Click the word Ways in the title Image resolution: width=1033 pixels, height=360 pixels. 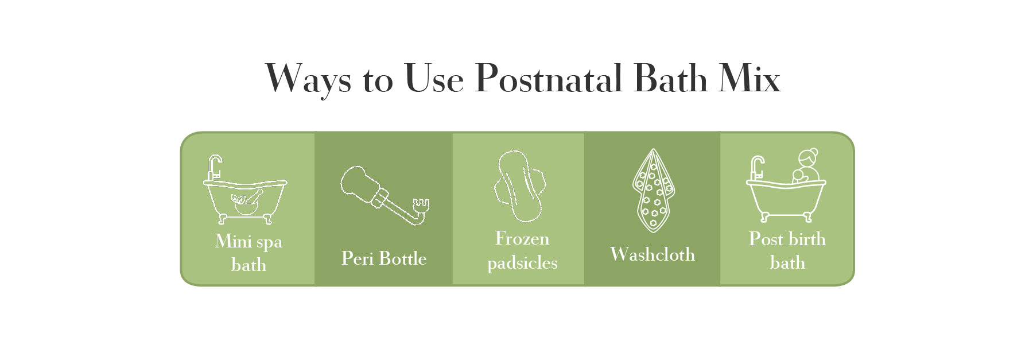click(308, 79)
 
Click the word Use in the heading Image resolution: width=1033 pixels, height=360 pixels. click(434, 79)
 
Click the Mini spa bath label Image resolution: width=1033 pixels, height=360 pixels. click(248, 253)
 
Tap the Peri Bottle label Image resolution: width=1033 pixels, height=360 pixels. click(384, 258)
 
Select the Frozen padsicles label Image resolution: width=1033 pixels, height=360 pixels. click(522, 250)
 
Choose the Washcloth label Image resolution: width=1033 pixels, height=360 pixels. click(653, 254)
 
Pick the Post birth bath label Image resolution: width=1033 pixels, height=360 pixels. click(787, 250)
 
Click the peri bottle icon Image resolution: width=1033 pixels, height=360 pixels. click(383, 195)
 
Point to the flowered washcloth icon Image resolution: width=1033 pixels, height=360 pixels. click(653, 191)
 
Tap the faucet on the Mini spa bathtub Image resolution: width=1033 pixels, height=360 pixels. click(214, 168)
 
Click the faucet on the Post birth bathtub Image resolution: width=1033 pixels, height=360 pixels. click(757, 168)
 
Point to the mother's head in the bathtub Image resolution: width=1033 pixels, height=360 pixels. click(809, 156)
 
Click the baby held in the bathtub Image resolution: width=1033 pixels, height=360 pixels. click(799, 176)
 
